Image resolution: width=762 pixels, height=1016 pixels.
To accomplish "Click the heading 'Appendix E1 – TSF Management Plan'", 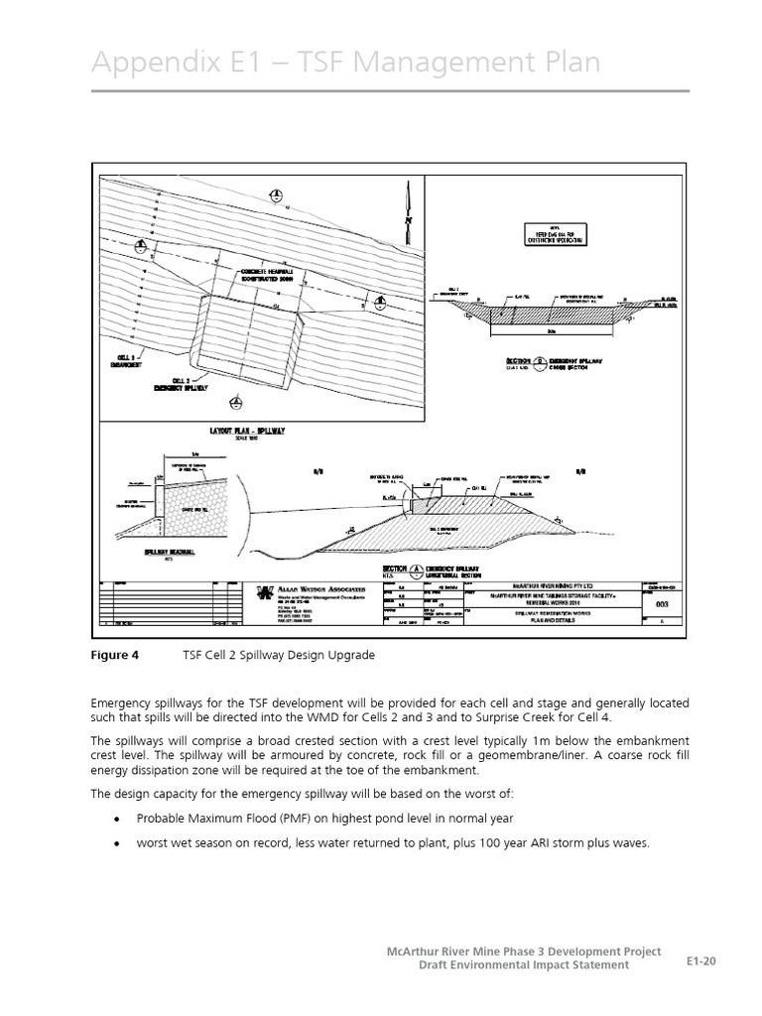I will (345, 62).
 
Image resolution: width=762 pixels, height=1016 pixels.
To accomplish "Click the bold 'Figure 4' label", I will (116, 655).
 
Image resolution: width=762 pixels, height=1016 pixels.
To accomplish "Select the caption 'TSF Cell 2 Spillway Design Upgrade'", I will (278, 655).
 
